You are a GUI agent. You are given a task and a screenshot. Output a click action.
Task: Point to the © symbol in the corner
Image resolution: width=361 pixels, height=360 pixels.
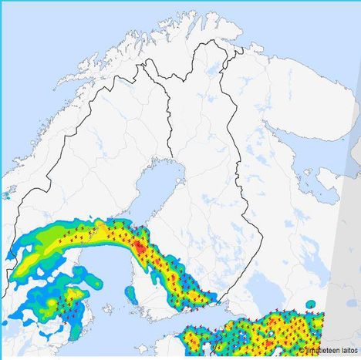pos(302,350)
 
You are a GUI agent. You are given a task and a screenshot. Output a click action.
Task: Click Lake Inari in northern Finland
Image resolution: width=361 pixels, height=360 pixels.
pos(211,72)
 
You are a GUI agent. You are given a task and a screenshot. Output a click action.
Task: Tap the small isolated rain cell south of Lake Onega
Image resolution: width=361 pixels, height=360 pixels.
pos(311,304)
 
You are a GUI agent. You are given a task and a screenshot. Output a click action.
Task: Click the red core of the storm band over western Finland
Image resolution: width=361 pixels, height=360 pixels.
pos(138,246)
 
